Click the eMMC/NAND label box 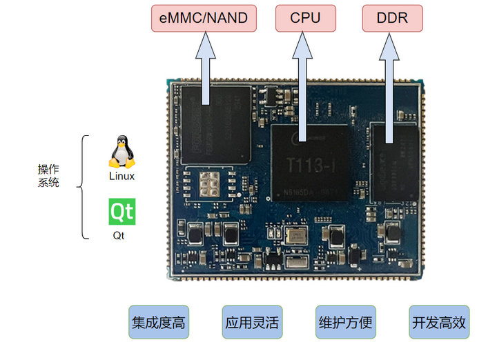[x=203, y=18]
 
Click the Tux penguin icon [x=121, y=152]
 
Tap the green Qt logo [x=122, y=212]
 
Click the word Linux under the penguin [x=121, y=177]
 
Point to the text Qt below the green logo [x=120, y=236]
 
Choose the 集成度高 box [x=157, y=322]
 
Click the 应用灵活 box [x=251, y=322]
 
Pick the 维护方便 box [x=345, y=322]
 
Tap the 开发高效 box [x=439, y=322]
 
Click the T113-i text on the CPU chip [x=309, y=165]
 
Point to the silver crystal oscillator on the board [x=296, y=237]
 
